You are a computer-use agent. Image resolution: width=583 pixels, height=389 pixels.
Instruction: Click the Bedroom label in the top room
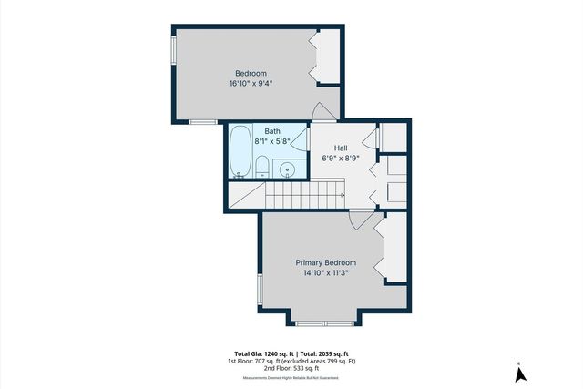tap(251, 73)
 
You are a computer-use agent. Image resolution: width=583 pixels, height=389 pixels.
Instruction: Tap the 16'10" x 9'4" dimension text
tap(251, 84)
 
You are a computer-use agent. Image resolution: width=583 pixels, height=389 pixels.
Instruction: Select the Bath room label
tap(272, 132)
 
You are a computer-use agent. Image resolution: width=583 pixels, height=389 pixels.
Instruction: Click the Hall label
tap(341, 148)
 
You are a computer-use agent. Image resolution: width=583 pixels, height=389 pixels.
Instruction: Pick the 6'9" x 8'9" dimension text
tap(341, 158)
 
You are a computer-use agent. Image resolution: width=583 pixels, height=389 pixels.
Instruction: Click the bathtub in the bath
tap(240, 150)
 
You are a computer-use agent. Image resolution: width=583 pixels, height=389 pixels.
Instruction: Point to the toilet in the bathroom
tap(262, 166)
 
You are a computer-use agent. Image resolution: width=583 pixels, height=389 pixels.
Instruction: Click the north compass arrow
tap(517, 371)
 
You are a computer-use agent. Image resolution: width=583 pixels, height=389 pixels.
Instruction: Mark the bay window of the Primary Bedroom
tap(326, 323)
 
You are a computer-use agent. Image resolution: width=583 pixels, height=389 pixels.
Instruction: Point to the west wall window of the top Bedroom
tap(173, 50)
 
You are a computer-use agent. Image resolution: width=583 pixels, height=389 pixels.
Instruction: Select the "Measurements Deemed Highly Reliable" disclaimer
tap(291, 378)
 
